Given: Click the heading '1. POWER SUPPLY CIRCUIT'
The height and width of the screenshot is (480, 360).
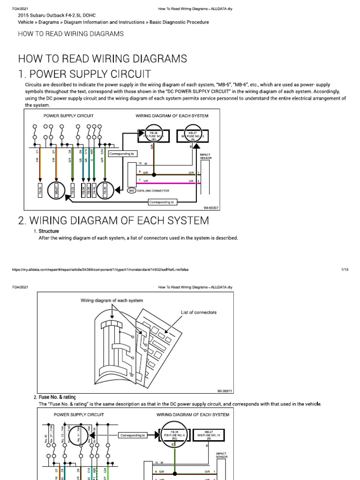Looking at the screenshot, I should [x=84, y=74].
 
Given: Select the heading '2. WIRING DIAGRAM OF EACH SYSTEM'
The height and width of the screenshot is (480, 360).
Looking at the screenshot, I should [x=113, y=220].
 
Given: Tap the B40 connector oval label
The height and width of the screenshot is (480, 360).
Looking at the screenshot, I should [x=132, y=191].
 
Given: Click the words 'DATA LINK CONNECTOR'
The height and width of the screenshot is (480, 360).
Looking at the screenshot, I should [x=154, y=191].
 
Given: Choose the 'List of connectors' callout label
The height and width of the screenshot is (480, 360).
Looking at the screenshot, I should [x=199, y=312].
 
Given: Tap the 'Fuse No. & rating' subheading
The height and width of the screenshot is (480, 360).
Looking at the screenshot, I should [x=57, y=397].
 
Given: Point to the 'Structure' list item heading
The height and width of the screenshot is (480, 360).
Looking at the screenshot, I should [x=48, y=231].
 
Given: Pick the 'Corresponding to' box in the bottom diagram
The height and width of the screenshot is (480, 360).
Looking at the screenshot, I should [x=134, y=435].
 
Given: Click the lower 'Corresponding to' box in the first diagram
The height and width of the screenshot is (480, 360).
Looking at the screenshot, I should [x=161, y=202].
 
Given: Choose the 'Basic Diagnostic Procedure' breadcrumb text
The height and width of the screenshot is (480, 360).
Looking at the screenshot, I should [x=179, y=22].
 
